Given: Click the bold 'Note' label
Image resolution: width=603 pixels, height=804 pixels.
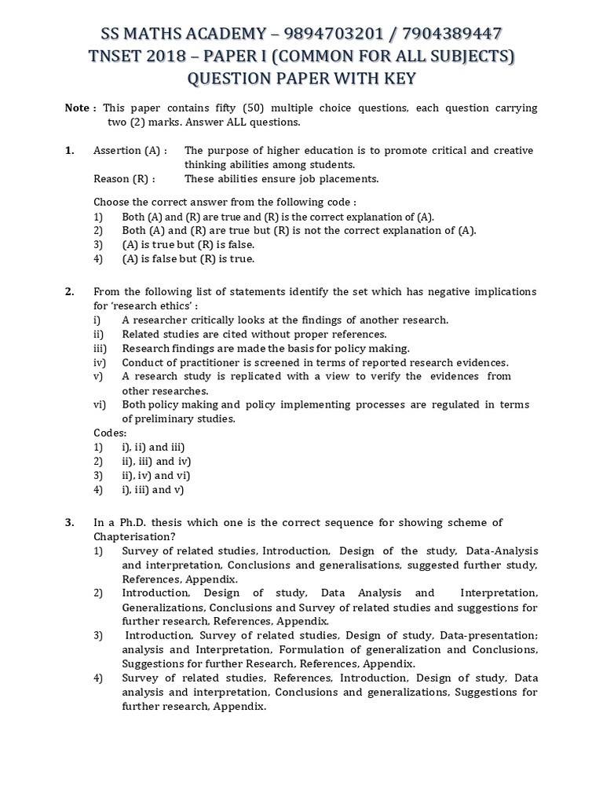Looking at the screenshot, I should (x=77, y=108).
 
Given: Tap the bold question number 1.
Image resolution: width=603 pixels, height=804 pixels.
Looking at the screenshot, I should (x=69, y=150).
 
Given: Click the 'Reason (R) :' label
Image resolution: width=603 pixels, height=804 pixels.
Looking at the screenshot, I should (x=124, y=178).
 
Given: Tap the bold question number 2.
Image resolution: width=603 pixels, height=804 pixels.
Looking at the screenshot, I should (x=69, y=291).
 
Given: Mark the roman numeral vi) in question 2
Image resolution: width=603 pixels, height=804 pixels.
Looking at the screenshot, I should (x=100, y=404).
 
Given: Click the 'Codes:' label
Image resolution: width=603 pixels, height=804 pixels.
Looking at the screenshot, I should (x=110, y=433).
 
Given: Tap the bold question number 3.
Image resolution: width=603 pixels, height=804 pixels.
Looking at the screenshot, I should (x=69, y=522).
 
